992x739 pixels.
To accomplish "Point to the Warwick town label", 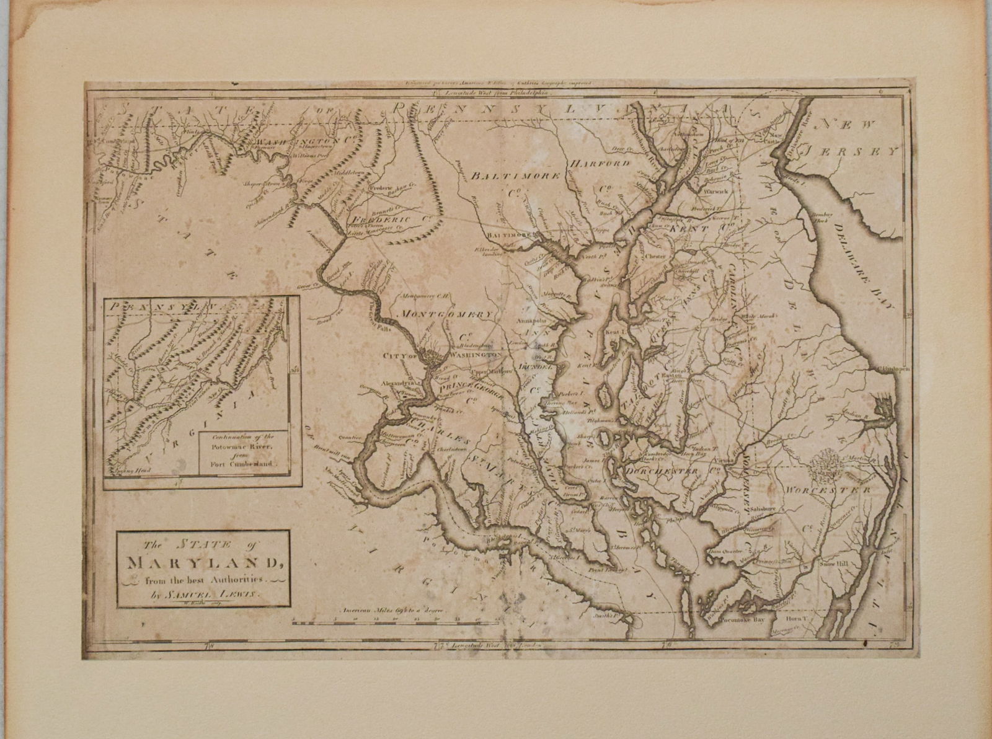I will pyautogui.click(x=718, y=192).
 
